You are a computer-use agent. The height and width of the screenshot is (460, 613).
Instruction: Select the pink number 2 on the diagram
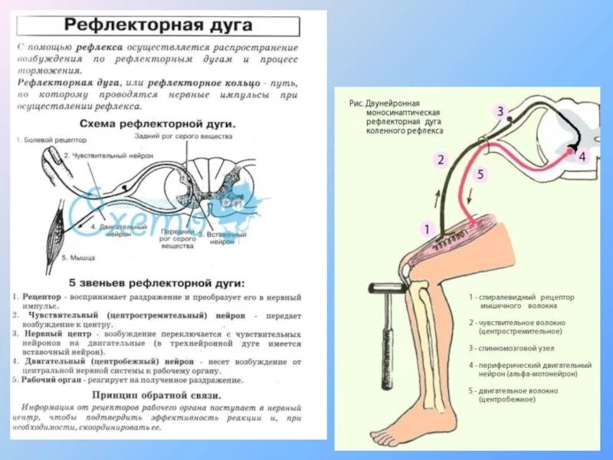click(441, 159)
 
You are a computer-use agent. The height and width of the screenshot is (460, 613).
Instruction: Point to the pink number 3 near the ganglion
click(500, 112)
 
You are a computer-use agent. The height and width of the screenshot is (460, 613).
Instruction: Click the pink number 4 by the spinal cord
click(581, 157)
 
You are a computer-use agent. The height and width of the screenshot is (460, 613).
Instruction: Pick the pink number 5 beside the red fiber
click(480, 174)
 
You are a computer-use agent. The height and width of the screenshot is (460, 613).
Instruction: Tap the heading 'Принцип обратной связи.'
click(158, 395)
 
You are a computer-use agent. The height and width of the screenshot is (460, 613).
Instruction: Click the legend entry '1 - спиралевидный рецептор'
click(522, 297)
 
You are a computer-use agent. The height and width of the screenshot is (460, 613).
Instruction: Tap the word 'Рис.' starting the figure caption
click(355, 103)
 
